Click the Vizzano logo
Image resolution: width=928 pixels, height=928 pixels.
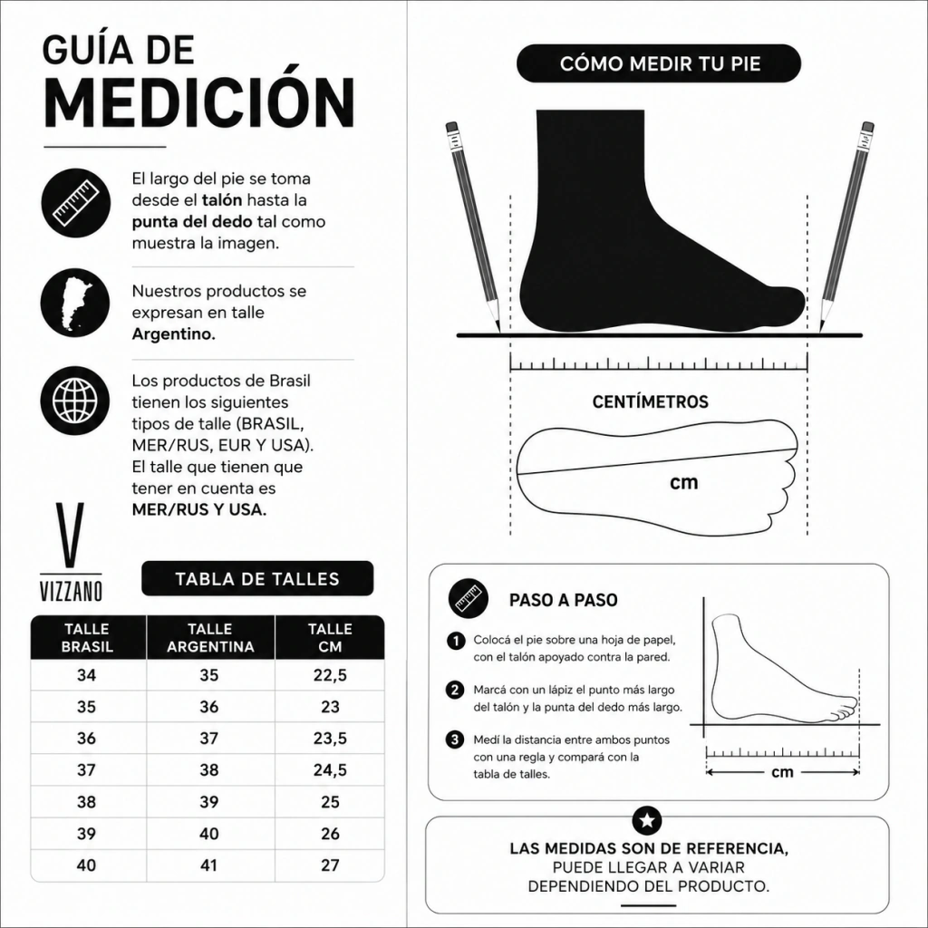pos(71,552)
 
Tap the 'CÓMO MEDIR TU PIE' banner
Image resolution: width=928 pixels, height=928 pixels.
pos(659,63)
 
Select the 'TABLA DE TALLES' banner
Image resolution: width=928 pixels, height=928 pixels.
pos(257,578)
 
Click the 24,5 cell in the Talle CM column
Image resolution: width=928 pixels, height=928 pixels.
pos(330,770)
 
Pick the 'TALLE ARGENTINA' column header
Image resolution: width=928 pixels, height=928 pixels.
pos(210,637)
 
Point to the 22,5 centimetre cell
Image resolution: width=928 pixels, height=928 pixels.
pos(330,675)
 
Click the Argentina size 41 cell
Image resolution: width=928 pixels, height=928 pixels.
pos(209,865)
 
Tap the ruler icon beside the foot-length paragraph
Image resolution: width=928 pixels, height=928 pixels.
pos(75,203)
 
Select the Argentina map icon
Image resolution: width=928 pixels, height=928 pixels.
pos(75,303)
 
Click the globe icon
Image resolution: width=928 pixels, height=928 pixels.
pos(75,401)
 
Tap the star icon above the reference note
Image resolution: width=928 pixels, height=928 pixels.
pos(647,821)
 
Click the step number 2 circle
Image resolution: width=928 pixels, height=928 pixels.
pos(455,690)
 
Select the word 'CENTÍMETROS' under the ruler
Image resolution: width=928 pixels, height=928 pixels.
pos(651,401)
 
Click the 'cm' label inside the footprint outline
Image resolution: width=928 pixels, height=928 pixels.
pos(684,483)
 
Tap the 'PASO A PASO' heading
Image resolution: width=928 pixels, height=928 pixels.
pos(564,600)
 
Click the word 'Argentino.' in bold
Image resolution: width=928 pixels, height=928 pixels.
pos(173,333)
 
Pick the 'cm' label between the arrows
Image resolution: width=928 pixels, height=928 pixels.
pos(782,772)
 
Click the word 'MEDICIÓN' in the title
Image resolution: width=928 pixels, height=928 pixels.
pos(199,102)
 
